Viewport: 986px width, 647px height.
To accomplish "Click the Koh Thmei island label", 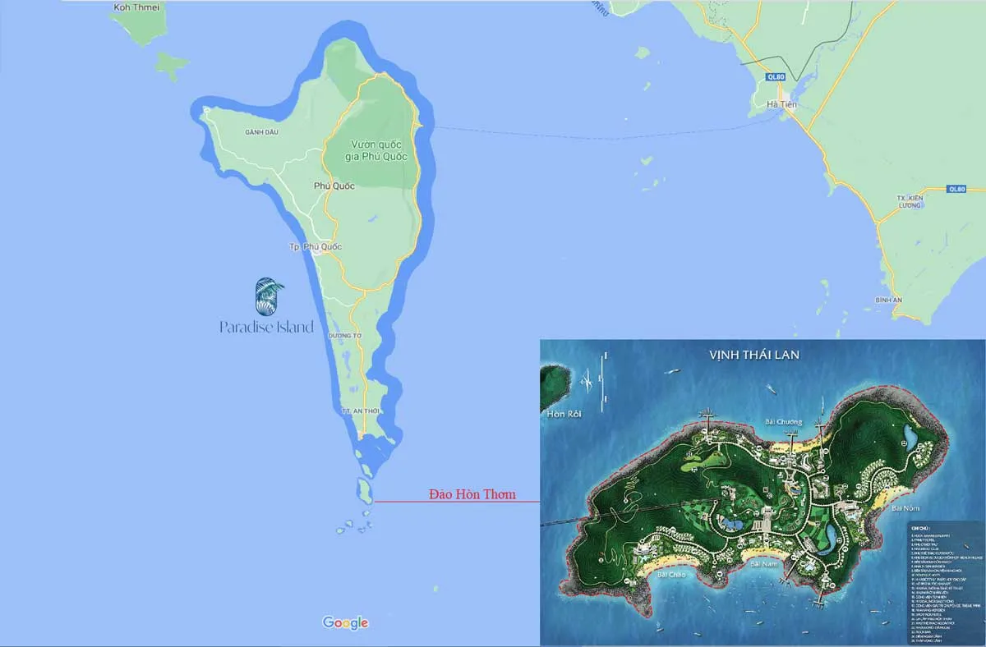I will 137,7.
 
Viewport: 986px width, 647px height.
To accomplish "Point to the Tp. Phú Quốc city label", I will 316,247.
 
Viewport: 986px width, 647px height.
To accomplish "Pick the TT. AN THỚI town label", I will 359,411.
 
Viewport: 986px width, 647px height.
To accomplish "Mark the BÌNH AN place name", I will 889,301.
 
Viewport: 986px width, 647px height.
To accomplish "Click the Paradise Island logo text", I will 267,327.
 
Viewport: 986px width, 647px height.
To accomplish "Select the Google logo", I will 345,622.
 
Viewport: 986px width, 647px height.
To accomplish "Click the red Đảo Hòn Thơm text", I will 472,494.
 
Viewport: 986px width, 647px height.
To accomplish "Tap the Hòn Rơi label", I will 563,415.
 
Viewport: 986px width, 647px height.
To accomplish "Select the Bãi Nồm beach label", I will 905,509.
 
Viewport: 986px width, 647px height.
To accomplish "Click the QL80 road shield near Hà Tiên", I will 775,77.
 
